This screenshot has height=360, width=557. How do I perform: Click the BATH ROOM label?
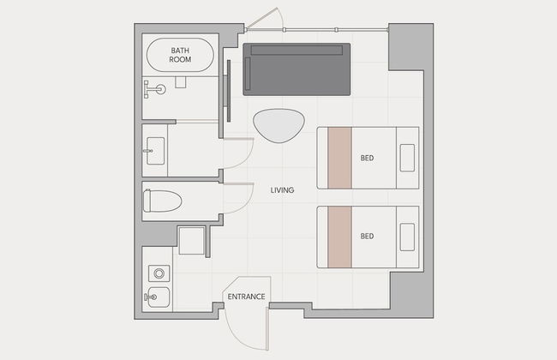pos(180,55)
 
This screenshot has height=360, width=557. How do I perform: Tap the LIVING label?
pos(283,190)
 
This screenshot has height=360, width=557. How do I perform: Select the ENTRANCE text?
pos(246,297)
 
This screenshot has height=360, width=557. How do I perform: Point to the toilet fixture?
pos(162,201)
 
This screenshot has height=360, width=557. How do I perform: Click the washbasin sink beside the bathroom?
pos(155,151)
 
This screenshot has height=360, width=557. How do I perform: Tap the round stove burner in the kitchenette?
pos(159,273)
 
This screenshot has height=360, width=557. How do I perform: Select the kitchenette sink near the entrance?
pos(158,297)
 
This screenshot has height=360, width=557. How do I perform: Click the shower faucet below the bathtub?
pos(154,89)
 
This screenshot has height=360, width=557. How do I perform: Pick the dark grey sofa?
pos(296,69)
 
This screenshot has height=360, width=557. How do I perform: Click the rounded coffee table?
pos(278,125)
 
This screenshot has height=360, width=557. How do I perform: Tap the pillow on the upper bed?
pos(407,158)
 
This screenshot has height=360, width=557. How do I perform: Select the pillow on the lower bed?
pos(407,237)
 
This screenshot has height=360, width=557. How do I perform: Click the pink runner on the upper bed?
pos(340,158)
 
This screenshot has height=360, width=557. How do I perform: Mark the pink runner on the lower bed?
pos(340,237)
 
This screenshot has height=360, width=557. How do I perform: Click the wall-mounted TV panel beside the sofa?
pos(229,91)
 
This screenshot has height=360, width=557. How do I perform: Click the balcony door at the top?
pos(262,19)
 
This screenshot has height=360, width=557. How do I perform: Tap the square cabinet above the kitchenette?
pos(191,241)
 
